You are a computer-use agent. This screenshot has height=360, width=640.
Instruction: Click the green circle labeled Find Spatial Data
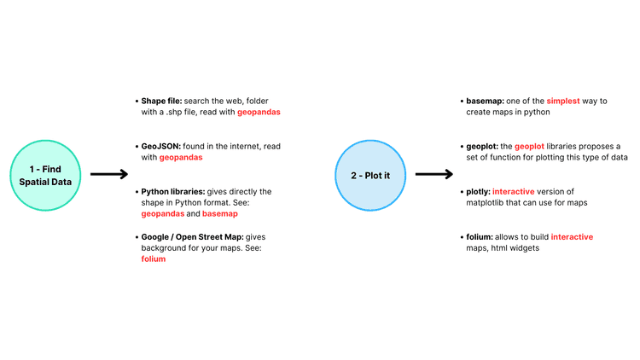click(x=45, y=176)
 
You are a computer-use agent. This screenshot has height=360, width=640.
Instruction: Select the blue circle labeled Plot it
click(x=370, y=176)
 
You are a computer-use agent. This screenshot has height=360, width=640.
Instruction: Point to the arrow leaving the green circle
click(x=109, y=174)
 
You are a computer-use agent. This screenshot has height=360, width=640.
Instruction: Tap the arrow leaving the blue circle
click(x=433, y=174)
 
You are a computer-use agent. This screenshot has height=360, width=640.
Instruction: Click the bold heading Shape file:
click(x=161, y=101)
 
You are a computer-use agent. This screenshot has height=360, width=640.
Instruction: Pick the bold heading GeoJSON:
click(x=160, y=146)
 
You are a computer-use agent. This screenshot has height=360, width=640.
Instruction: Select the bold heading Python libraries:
click(x=173, y=192)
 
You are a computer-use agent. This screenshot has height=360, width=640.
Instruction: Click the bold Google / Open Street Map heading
click(x=192, y=237)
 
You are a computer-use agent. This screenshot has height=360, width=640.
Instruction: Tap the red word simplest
click(x=563, y=102)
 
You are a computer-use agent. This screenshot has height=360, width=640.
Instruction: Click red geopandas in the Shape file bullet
click(x=259, y=113)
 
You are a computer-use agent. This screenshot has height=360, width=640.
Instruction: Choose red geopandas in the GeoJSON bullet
click(x=181, y=158)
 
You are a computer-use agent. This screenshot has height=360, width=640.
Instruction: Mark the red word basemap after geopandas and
click(x=220, y=213)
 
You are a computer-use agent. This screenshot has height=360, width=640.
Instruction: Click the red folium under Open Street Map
click(x=154, y=258)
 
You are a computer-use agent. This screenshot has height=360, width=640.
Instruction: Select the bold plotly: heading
click(x=479, y=192)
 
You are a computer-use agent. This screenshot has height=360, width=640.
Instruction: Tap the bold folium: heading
click(x=480, y=237)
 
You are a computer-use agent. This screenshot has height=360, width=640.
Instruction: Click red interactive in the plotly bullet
click(x=513, y=191)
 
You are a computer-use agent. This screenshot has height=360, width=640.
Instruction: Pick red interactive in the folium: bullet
click(x=572, y=237)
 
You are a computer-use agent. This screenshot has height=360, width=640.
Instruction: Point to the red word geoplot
click(x=529, y=147)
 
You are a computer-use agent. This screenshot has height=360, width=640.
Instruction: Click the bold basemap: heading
click(x=486, y=101)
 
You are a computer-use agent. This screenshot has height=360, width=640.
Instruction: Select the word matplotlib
click(x=485, y=202)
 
